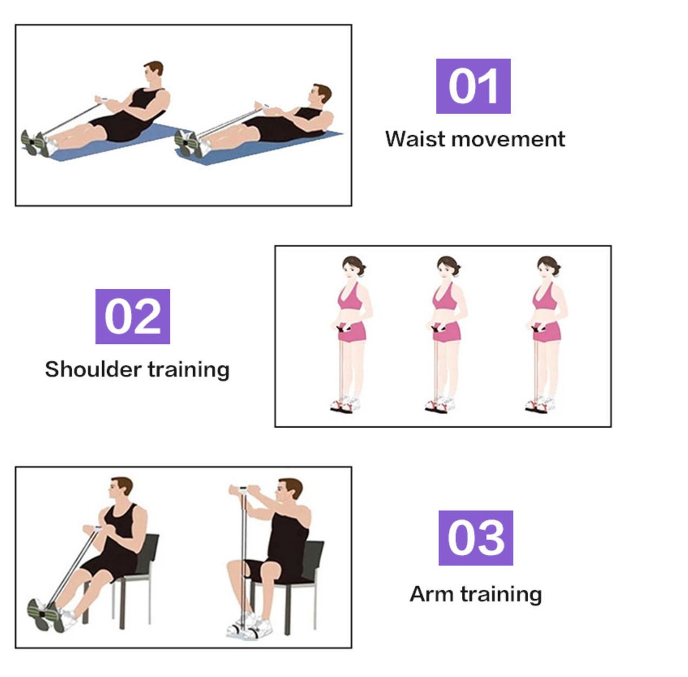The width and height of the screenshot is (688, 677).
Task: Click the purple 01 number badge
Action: click(473, 86)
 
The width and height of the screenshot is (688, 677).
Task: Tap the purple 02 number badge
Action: click(133, 316)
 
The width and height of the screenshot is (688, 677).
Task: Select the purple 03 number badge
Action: click(475, 537)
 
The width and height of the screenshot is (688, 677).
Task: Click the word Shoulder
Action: click(93, 369)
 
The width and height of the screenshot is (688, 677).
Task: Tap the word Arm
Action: click(432, 594)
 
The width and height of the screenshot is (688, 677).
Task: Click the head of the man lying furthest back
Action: click(320, 94)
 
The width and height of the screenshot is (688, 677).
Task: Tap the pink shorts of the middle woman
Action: click(447, 332)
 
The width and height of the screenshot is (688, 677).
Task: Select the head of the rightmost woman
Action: click(548, 268)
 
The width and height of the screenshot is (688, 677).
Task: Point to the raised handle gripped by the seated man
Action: click(243, 488)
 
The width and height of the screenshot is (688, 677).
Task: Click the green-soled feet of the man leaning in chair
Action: click(45, 614)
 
